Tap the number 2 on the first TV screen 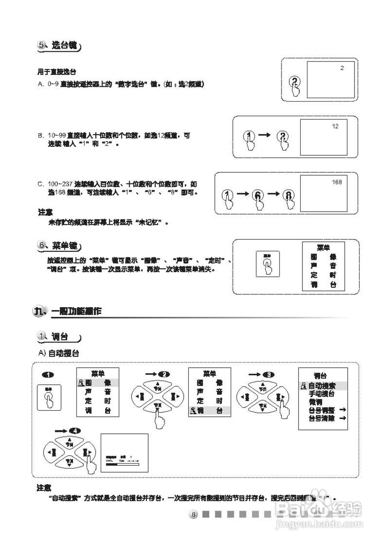tap(342, 68)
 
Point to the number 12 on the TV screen tap(335, 126)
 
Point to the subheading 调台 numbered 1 tap(60, 337)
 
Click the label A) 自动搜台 tap(59, 354)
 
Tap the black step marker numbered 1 tap(48, 375)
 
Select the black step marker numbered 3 tap(268, 375)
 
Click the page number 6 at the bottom tap(193, 515)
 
